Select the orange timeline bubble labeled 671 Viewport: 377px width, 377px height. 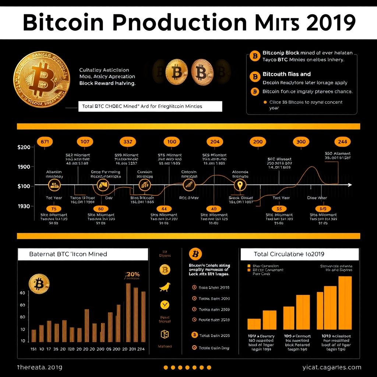pyautogui.click(x=44, y=141)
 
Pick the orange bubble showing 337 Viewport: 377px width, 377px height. pyautogui.click(x=128, y=141)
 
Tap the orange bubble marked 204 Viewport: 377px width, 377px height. pyautogui.click(x=215, y=141)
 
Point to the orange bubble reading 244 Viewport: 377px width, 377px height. pyautogui.click(x=342, y=141)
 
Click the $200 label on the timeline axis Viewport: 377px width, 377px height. pyautogui.click(x=24, y=147)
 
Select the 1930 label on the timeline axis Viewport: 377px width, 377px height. pyautogui.click(x=24, y=206)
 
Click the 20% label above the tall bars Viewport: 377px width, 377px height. pyautogui.click(x=132, y=275)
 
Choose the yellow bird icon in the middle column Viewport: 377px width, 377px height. pyautogui.click(x=164, y=288)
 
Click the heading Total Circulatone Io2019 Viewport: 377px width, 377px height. pyautogui.click(x=289, y=254)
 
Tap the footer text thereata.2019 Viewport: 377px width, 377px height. pyautogui.click(x=40, y=367)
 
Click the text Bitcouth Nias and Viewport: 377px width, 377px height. pyautogui.click(x=286, y=74)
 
